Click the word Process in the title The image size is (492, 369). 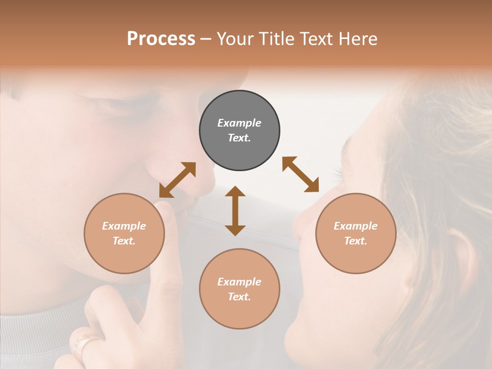[161, 39]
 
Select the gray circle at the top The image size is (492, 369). [239, 131]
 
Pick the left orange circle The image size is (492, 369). [124, 233]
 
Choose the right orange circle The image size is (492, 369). [356, 233]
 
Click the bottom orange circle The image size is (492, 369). [239, 289]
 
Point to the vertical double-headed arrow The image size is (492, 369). [235, 211]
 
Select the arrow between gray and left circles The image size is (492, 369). [177, 180]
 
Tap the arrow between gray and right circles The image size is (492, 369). [300, 174]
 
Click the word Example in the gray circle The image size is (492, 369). [239, 123]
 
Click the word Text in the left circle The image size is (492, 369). [124, 241]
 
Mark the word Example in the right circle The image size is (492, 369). [356, 226]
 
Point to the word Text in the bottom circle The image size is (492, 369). [239, 297]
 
